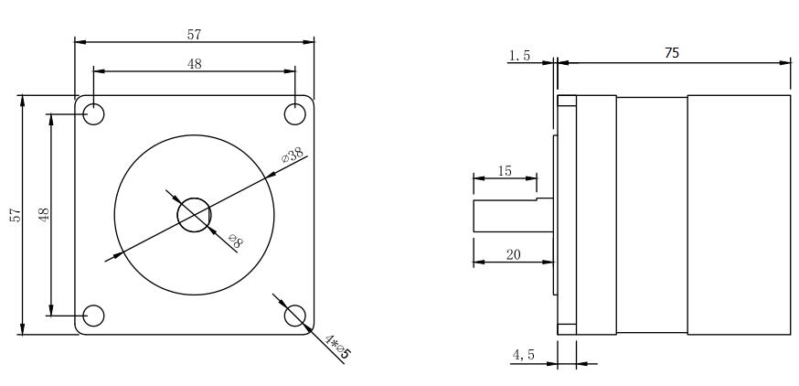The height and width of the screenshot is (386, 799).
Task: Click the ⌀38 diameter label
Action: [293, 155]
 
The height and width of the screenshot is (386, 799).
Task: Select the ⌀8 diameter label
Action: [235, 241]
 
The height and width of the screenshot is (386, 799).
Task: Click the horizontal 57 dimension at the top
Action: [194, 35]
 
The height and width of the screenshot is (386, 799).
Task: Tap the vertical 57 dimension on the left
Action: [16, 215]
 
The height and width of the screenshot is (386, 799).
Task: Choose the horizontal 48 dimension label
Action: [194, 64]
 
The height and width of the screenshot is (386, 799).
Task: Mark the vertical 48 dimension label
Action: [44, 214]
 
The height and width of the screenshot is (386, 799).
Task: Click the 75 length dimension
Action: [672, 53]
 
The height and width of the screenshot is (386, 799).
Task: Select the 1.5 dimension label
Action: [519, 55]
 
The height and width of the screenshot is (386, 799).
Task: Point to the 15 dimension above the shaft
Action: [505, 171]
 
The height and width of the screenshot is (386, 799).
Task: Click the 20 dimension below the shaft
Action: [513, 255]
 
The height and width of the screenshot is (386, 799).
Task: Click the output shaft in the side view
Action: [513, 216]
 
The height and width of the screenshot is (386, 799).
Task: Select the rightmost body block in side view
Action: [739, 215]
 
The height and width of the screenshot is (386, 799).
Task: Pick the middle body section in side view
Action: [652, 215]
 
